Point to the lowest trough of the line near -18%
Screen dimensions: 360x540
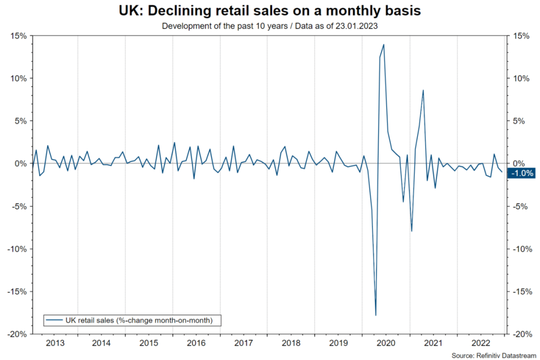pyautogui.click(x=376, y=315)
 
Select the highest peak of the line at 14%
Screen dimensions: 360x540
pyautogui.click(x=383, y=44)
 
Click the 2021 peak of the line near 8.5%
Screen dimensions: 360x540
pyautogui.click(x=423, y=90)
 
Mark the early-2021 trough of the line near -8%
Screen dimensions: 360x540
pyautogui.click(x=411, y=231)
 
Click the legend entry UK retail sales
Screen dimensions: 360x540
pyautogui.click(x=132, y=319)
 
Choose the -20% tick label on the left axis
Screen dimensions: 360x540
pyautogui.click(x=17, y=334)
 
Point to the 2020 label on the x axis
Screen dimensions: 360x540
pyautogui.click(x=385, y=344)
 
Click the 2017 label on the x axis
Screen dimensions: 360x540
pyautogui.click(x=244, y=344)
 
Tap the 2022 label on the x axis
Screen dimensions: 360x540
pyautogui.click(x=480, y=344)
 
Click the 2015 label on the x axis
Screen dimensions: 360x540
pyautogui.click(x=149, y=344)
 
